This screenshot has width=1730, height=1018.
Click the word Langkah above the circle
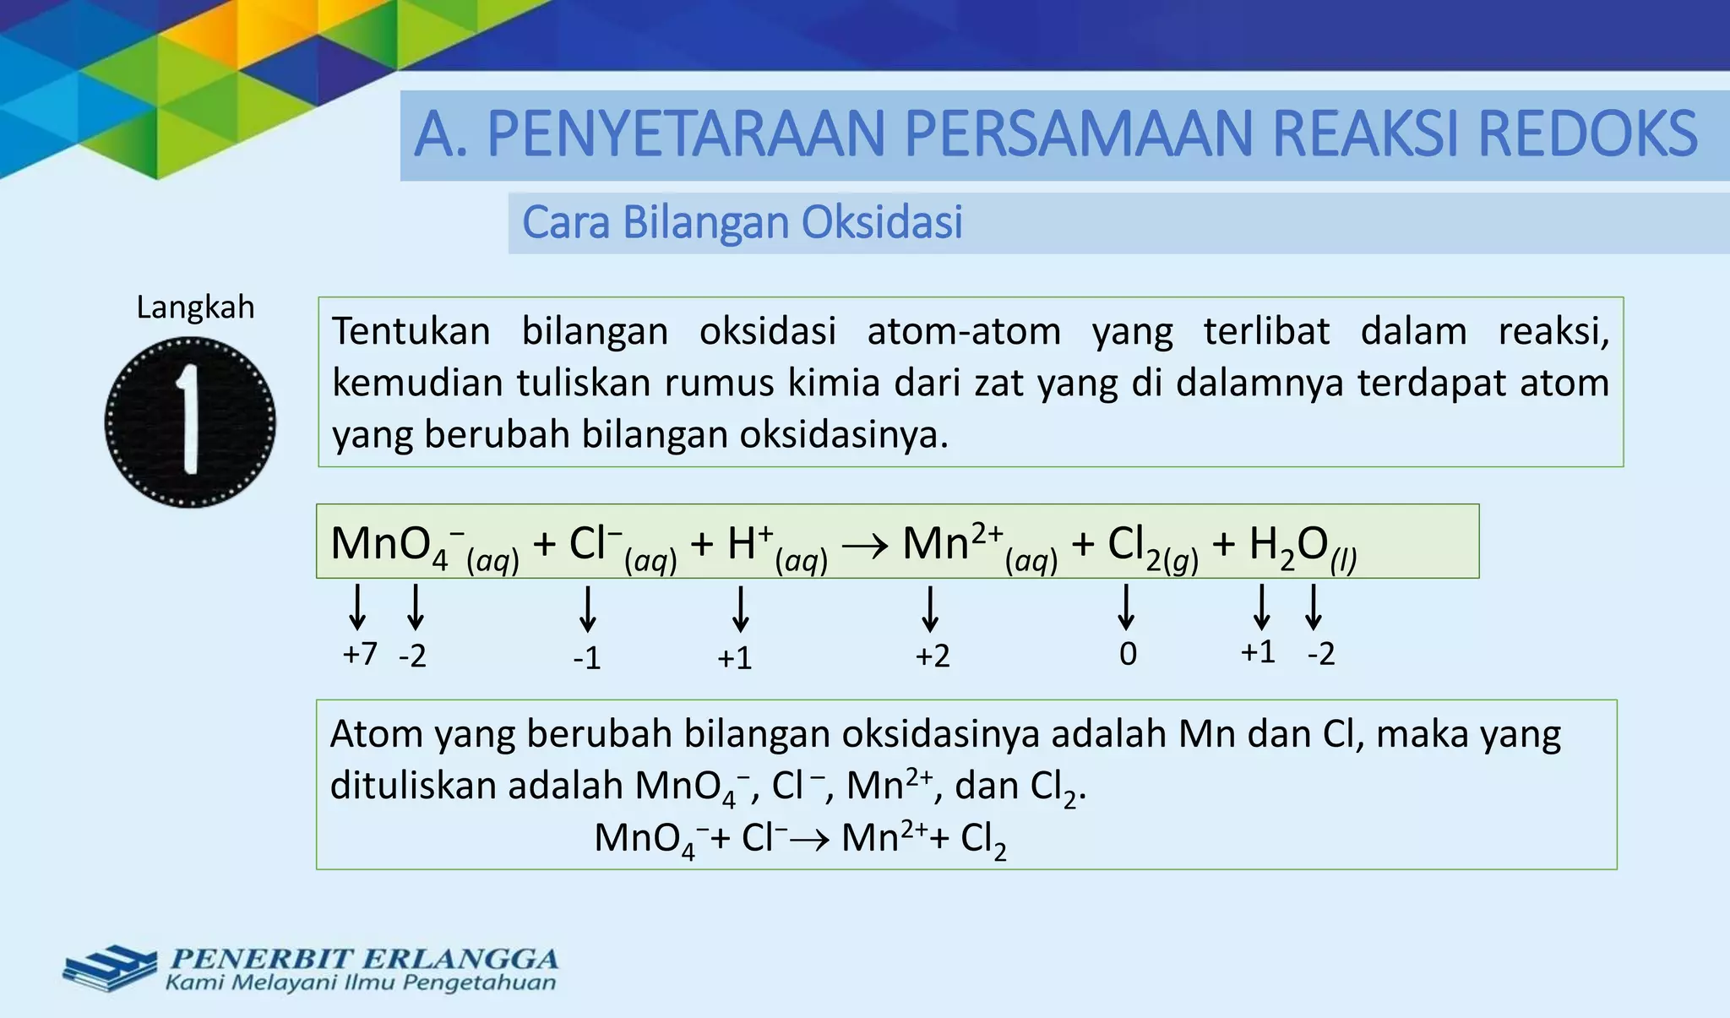(x=195, y=308)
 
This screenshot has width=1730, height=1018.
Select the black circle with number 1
(x=190, y=422)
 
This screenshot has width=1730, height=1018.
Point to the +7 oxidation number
(x=360, y=654)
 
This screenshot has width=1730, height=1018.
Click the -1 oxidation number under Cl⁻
(x=587, y=658)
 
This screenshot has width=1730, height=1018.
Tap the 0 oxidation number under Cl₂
(x=1128, y=654)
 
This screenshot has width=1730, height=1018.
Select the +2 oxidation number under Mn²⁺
(x=933, y=656)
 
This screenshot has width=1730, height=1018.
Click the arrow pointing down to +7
(x=357, y=607)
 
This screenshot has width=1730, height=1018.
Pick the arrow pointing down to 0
(x=1125, y=607)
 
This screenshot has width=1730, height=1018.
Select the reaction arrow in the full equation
(x=865, y=545)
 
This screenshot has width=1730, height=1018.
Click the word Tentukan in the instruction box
(x=411, y=331)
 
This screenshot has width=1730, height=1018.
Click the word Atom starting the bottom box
(x=376, y=734)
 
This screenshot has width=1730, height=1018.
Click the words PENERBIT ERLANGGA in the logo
(x=364, y=959)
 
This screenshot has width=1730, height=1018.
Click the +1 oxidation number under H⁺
(x=734, y=658)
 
